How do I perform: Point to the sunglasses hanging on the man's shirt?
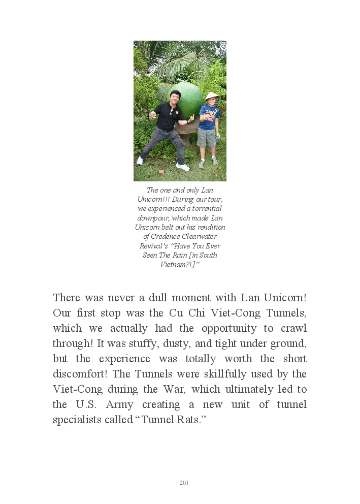(x=170, y=113)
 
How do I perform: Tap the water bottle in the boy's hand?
(x=218, y=136)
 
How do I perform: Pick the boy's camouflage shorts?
(x=206, y=137)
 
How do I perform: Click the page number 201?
(x=184, y=483)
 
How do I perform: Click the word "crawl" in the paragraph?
(x=292, y=328)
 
